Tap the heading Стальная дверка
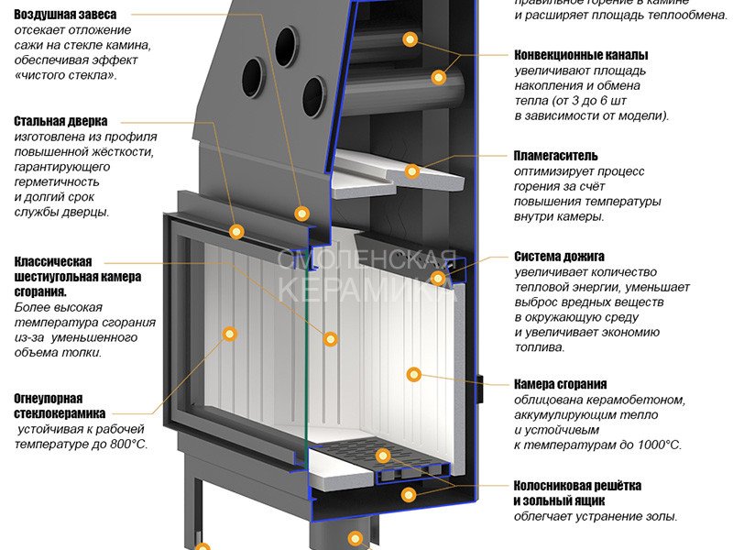click(x=60, y=121)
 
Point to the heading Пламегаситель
click(x=556, y=156)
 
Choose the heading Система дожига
click(x=559, y=257)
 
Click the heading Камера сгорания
click(x=561, y=384)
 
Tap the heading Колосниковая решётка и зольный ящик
click(x=577, y=492)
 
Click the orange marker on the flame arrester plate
click(x=412, y=170)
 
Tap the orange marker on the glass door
click(x=230, y=334)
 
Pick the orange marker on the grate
click(x=384, y=456)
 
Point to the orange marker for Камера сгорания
click(x=413, y=374)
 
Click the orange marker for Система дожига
click(x=438, y=278)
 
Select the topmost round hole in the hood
click(x=287, y=43)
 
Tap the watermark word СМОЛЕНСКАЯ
click(x=366, y=260)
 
